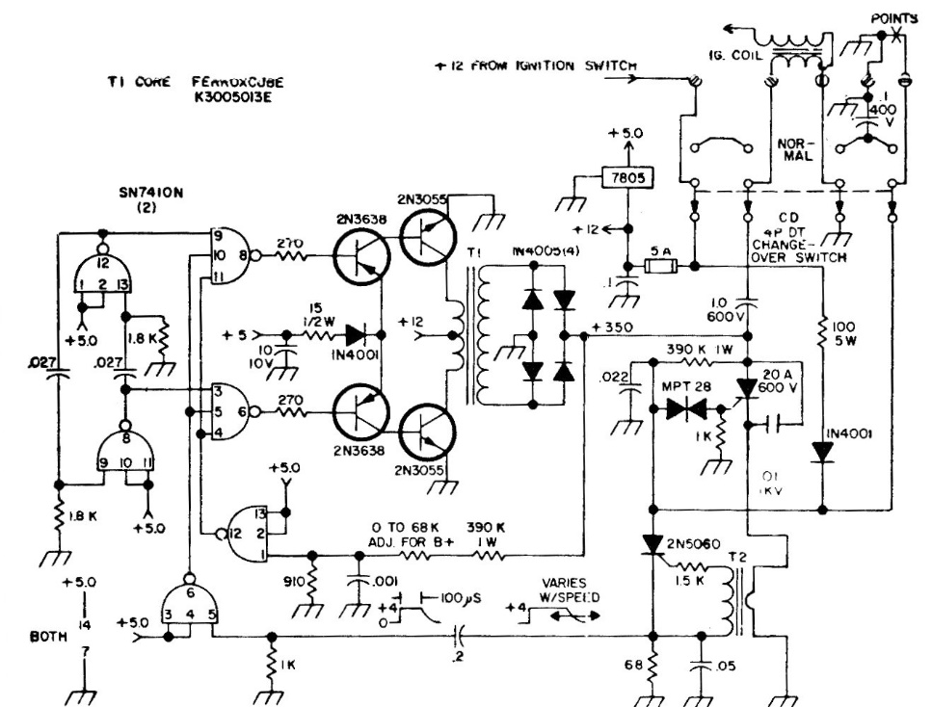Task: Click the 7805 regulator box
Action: point(625,178)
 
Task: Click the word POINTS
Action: point(893,18)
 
